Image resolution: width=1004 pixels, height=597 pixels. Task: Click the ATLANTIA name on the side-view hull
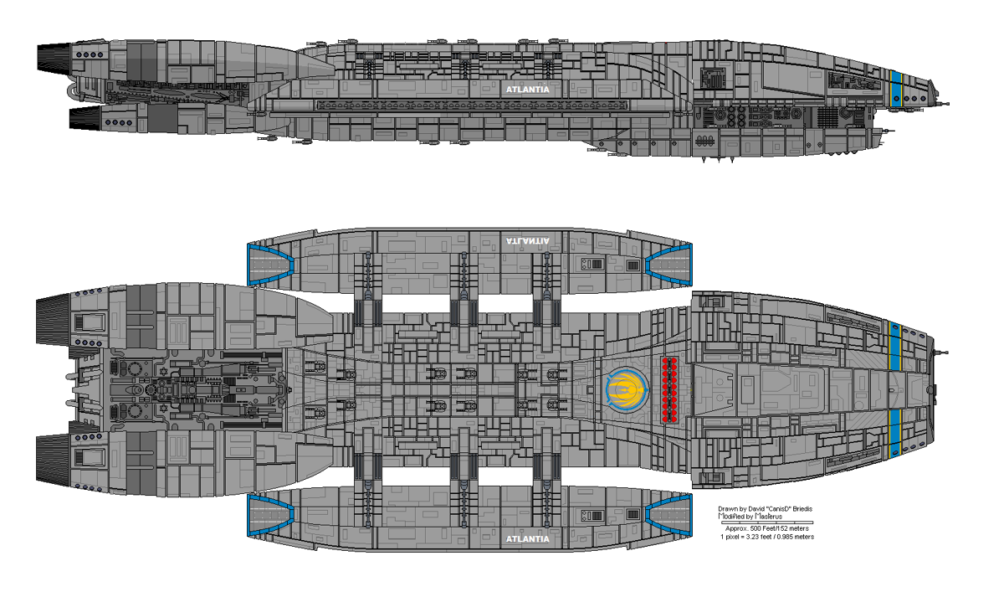[526, 87]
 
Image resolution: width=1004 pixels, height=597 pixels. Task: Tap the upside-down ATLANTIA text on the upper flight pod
[528, 240]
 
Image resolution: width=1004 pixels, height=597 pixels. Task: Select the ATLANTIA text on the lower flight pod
[528, 538]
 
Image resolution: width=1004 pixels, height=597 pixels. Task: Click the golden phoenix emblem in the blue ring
[627, 390]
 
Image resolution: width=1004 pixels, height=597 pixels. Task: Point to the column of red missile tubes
[669, 389]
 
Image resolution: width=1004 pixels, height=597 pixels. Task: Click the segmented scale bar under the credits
[768, 522]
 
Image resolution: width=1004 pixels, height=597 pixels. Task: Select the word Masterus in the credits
[767, 516]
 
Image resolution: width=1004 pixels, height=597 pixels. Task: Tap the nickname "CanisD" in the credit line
[779, 508]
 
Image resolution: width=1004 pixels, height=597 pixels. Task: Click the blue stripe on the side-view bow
[896, 88]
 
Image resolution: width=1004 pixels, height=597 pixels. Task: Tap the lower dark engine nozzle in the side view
[83, 118]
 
